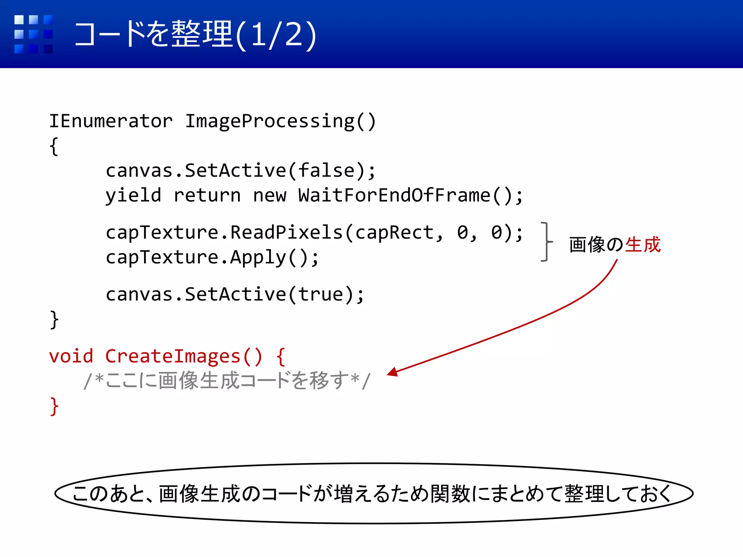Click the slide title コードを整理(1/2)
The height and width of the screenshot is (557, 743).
[x=195, y=34]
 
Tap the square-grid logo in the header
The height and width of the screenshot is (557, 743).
[x=33, y=34]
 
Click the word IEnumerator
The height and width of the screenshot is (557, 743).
[x=111, y=121]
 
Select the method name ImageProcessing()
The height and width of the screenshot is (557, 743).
[x=280, y=121]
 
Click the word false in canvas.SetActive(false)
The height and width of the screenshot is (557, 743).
[x=326, y=170]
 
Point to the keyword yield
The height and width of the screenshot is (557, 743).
[x=133, y=195]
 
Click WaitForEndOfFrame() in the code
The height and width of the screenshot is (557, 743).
[x=405, y=195]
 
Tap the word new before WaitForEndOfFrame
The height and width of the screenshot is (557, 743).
[x=269, y=195]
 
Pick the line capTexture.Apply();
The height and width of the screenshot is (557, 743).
[x=212, y=257]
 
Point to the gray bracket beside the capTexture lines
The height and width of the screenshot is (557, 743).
[x=546, y=242]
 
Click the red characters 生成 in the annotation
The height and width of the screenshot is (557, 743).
[x=643, y=244]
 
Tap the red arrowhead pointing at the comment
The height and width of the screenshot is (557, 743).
[x=393, y=372]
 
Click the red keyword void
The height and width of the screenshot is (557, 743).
[x=71, y=356]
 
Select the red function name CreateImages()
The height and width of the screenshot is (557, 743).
[x=183, y=356]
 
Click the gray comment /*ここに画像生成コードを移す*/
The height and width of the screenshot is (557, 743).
[x=227, y=381]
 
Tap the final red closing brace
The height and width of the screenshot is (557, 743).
[x=54, y=406]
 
